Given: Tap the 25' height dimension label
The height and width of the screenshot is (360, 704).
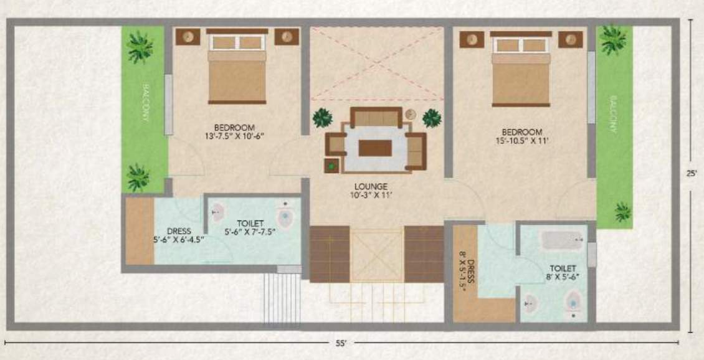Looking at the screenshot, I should click(691, 174).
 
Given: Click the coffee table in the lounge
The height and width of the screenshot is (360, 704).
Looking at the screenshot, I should click(375, 148).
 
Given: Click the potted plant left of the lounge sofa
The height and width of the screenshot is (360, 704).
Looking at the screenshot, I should click(322, 118).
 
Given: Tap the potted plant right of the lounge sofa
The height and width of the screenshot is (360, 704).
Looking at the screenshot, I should click(431, 118).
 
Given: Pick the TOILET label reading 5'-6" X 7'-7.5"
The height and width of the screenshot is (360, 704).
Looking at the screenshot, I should click(249, 227).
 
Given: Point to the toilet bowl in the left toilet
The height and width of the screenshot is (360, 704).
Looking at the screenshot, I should click(285, 216).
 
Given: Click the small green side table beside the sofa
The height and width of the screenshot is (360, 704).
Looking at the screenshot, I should click(331, 166).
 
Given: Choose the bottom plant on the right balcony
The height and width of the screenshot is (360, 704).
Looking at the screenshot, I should click(622, 211).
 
